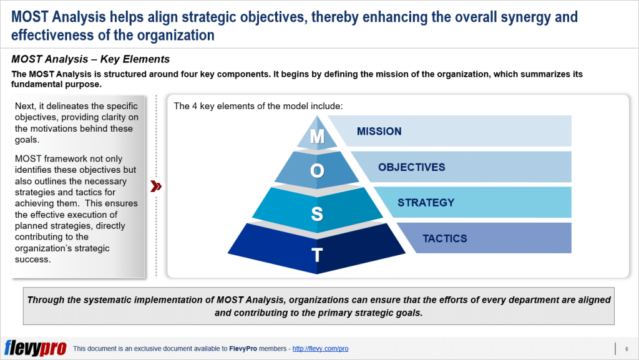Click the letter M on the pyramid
pos(317,137)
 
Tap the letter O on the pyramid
pos(317,170)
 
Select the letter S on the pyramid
pos(317,214)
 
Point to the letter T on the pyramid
pos(317,255)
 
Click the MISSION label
pos(379,131)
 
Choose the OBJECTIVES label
pos(412,167)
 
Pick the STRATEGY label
pos(426,202)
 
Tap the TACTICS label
pos(444,238)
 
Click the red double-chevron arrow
pos(156,187)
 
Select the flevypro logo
pos(35,348)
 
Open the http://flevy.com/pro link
pos(320,349)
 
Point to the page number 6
pos(627,349)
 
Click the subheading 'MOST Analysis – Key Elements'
pos(90,59)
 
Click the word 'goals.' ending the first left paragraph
pos(27,140)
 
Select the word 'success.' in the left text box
pos(33,260)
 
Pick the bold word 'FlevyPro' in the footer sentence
pos(243,349)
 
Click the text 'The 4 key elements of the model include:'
pos(258,106)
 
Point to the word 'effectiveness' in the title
pos(53,36)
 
